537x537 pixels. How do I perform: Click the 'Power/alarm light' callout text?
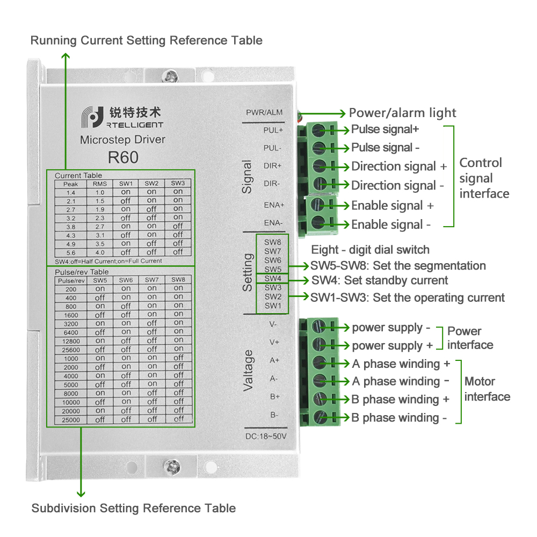tap(402, 113)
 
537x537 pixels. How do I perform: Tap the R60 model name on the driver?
tap(123, 157)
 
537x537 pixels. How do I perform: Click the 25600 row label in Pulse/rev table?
tap(71, 349)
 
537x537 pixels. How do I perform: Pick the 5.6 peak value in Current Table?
tap(70, 252)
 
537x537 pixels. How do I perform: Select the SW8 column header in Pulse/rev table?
tap(178, 280)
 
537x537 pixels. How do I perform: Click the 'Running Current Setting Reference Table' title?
tap(146, 40)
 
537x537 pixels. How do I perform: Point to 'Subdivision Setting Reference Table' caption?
tap(133, 508)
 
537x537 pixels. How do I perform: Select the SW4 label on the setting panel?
tap(272, 278)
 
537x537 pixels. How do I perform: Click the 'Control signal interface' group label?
tap(483, 178)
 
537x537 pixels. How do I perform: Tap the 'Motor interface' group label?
tap(487, 389)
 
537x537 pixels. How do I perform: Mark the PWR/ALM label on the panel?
tap(264, 113)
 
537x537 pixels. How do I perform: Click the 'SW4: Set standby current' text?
tap(380, 280)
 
